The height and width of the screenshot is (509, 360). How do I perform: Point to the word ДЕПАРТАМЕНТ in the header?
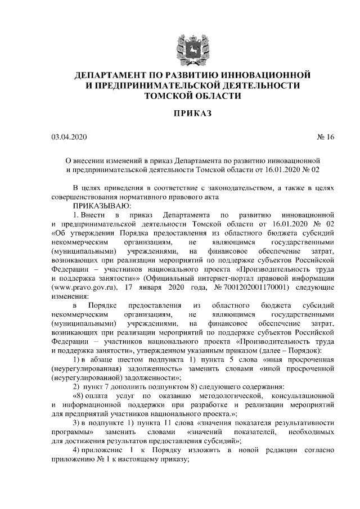coord(112,75)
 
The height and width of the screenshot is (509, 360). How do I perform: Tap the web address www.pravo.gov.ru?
coord(84,286)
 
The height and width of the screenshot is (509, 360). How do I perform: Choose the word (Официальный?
coord(172,278)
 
